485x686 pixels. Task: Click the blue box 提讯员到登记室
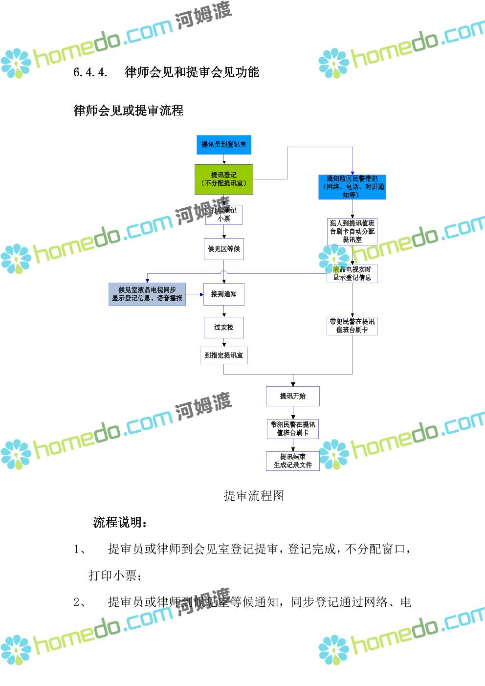point(223,145)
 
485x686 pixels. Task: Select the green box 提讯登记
point(224,179)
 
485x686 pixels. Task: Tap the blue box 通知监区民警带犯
point(352,187)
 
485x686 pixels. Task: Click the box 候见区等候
point(224,249)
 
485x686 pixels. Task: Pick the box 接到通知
point(224,294)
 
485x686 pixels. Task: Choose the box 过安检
point(224,327)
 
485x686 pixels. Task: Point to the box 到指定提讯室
point(224,355)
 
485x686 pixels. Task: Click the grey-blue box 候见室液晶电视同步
point(147,294)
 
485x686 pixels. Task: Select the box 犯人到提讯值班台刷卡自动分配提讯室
point(352,231)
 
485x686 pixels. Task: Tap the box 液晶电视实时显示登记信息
point(352,273)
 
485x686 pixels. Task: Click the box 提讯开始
point(293,396)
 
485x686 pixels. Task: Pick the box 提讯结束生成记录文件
point(293,461)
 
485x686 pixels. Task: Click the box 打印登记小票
point(224,215)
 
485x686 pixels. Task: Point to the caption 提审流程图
point(254,496)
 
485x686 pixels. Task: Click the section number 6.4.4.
point(90,73)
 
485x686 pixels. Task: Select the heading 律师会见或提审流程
point(129,111)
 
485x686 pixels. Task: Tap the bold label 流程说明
point(120,523)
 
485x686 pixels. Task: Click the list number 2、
point(80,602)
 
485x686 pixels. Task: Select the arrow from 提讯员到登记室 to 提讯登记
point(224,159)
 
